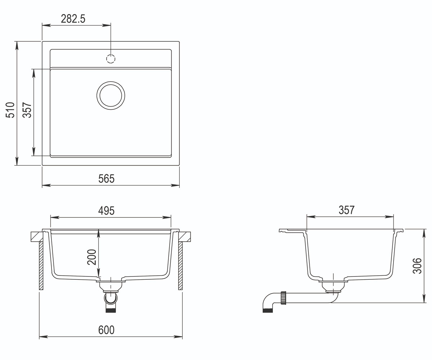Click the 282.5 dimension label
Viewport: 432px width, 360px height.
click(x=73, y=19)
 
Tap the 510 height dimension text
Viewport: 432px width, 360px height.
click(x=10, y=110)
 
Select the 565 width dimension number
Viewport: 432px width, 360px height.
click(x=106, y=179)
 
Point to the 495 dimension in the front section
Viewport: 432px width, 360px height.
click(x=106, y=211)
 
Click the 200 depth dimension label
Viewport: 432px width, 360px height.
click(x=92, y=257)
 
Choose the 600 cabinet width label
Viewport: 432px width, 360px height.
click(x=106, y=330)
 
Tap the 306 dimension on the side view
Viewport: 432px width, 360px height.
click(x=417, y=266)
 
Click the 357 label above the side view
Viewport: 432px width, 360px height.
click(x=347, y=210)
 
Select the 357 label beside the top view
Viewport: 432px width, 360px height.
click(x=27, y=110)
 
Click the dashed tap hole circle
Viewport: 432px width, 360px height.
click(x=111, y=59)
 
